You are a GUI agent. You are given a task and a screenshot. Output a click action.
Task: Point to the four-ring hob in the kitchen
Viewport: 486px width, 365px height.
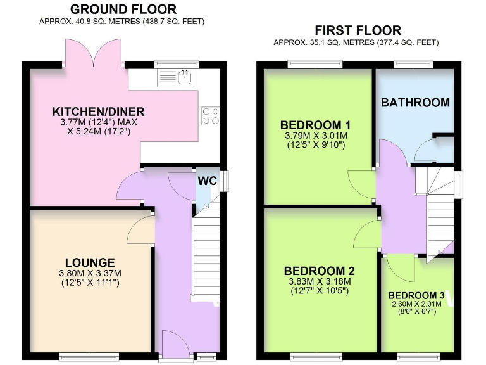210,116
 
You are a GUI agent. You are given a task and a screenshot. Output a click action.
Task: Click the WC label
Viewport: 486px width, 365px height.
207,181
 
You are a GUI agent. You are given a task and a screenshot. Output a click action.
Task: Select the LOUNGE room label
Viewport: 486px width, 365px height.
90,262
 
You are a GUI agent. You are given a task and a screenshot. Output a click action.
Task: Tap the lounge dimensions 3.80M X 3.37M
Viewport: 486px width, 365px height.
90,273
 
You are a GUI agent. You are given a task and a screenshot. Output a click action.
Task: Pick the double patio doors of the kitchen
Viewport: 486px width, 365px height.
91,51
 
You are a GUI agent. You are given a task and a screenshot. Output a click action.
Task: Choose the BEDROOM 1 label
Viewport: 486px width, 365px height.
316,124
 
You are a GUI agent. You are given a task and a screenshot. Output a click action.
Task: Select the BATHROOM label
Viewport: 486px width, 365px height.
415,103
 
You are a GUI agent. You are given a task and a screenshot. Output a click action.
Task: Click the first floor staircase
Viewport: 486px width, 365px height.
437,209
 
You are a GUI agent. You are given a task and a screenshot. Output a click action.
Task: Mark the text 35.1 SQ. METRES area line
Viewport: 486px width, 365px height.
355,42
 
